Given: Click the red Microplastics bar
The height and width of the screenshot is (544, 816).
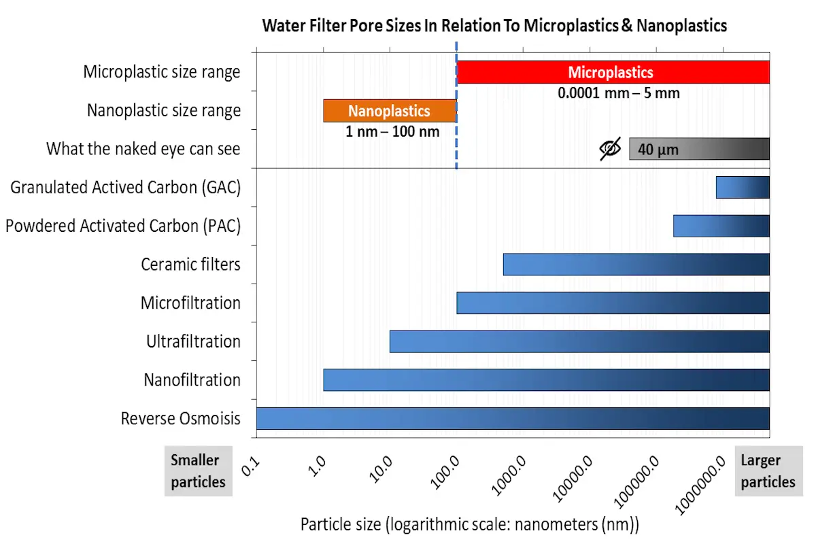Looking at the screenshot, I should coord(612,72).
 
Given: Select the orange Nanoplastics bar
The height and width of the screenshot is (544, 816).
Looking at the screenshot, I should coord(389,111).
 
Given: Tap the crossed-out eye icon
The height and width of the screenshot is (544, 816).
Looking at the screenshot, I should coord(610,149).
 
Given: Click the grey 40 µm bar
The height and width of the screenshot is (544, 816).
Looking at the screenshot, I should coord(698,149).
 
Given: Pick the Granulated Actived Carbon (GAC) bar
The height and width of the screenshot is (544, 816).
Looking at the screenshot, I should coord(742,187).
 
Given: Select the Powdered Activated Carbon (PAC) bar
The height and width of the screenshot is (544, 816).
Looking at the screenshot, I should coord(721,226).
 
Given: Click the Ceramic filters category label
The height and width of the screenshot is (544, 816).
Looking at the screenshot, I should coord(190,264).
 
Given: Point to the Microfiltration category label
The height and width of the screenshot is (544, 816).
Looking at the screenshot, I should coord(190,303).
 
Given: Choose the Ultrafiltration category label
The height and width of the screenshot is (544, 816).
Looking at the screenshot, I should coord(193,341).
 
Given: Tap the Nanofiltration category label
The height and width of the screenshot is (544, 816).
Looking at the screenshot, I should coord(192,379).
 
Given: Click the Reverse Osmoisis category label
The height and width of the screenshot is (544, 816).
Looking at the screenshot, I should coord(180,418).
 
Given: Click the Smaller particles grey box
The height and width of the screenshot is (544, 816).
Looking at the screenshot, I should coord(198,471).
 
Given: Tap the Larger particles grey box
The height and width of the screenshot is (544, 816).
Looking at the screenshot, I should coord(768,471).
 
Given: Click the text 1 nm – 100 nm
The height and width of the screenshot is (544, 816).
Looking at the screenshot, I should coord(392,132).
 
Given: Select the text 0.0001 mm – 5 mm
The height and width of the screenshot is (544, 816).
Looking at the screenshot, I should coord(618,93).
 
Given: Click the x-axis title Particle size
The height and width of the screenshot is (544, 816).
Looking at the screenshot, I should coord(470,525).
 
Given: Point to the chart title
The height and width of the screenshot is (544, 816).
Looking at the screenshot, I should coord(494,26).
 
